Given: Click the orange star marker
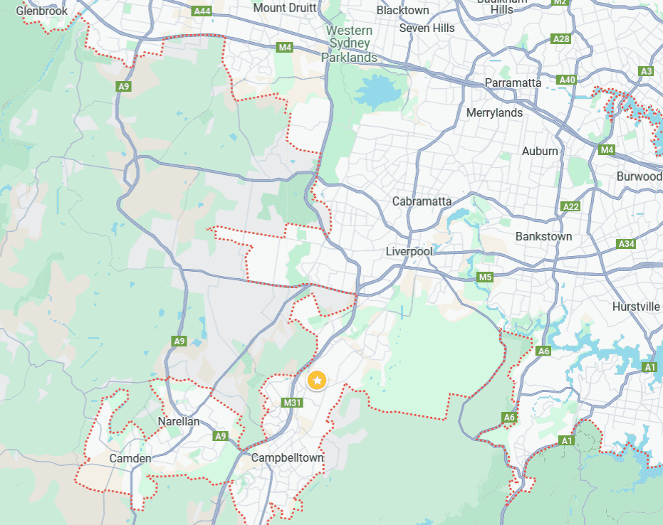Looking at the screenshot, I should pos(317,381).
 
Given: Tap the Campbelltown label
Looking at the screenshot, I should pos(288,457).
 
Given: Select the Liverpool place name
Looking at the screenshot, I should pos(409,252).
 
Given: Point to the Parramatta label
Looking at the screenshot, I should pos(513,83).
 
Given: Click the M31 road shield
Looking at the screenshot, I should pos(291,403).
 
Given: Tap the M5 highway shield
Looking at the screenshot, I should pos(485,277).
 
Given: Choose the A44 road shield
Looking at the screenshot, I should pos(202,11).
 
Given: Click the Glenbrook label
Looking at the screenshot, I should pos(42,11).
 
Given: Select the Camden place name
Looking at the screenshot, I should pos(130,458).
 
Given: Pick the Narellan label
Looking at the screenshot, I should pos(178,421).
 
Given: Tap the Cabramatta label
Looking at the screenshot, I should pos(422,201).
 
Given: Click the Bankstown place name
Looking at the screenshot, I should pos(543,235).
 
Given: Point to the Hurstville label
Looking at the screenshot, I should pos(636,307).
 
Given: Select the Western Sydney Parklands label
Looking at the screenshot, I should pos(349,44).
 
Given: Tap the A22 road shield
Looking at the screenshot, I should pos(571,206).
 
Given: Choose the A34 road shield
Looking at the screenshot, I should pos(626,244).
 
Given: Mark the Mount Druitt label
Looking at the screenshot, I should pos(283,9).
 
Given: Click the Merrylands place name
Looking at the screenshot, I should pos(494,112).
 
